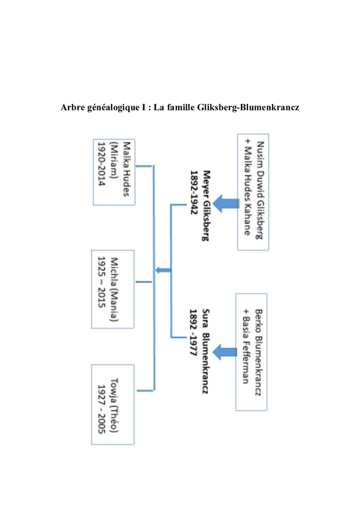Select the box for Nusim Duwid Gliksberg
[x=253, y=191]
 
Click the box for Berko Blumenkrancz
[x=251, y=352]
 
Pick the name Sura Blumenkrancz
[x=204, y=351]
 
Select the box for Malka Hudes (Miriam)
[x=114, y=172]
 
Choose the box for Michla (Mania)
[x=112, y=289]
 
